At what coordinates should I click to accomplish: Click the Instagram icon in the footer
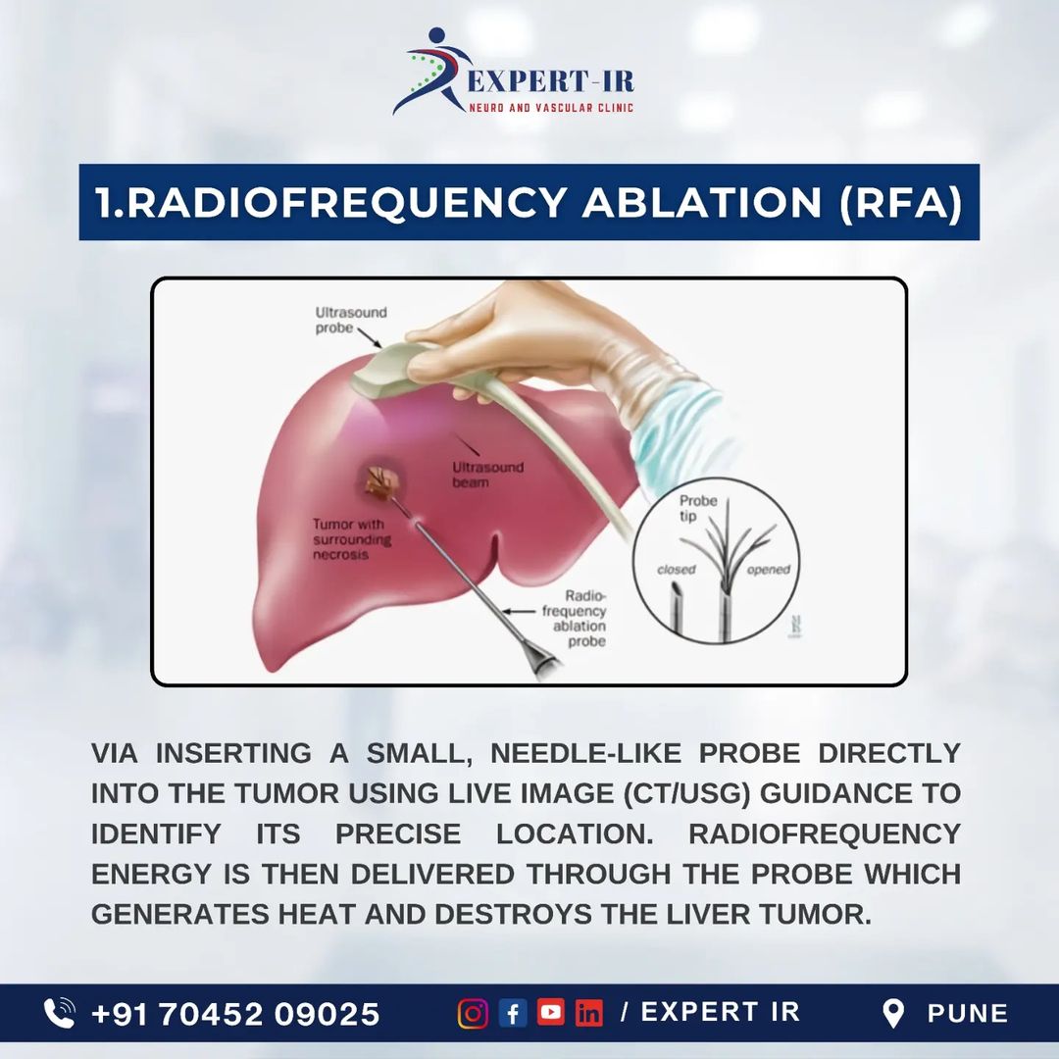tap(473, 1014)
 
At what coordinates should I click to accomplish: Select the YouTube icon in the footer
tap(550, 1012)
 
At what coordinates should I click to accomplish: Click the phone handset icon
tap(60, 1013)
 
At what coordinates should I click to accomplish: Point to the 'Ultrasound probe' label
tap(350, 320)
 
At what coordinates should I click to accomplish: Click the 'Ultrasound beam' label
tap(487, 475)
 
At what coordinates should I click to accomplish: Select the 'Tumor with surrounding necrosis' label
tap(351, 539)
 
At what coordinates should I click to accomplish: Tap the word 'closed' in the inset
tap(676, 570)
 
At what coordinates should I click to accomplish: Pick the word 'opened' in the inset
tap(768, 570)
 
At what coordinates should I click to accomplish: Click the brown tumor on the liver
tap(383, 482)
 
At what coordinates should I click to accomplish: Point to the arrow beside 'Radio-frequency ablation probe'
tap(518, 611)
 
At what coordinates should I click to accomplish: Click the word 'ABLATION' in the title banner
tap(701, 202)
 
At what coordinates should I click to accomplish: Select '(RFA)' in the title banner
tap(900, 203)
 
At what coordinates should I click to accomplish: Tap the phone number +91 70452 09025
tap(235, 1014)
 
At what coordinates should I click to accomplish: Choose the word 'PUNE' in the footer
tap(967, 1014)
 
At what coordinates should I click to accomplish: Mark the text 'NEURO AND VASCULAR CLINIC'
tap(551, 108)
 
